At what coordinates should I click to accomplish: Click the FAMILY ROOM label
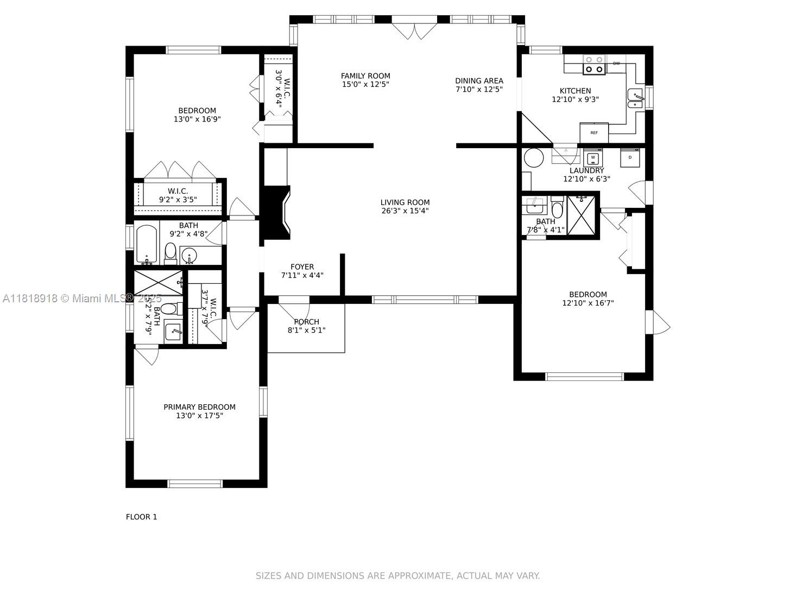pos(365,76)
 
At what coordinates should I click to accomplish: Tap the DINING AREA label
pos(479,81)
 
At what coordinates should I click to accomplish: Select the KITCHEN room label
pos(575,91)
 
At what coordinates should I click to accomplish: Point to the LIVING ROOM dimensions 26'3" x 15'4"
pos(405,211)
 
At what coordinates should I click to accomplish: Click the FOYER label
pos(302,266)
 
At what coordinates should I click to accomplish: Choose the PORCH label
pos(306,322)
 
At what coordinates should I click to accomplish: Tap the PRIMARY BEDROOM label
pos(199,407)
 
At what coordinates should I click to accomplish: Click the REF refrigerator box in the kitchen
pos(594,132)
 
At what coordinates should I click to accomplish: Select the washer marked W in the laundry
pos(593,158)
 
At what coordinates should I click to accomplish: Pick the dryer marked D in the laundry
pos(630,157)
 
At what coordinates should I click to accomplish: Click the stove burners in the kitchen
pos(594,65)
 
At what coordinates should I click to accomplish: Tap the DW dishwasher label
pos(616,63)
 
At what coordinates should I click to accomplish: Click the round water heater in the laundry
pos(534,158)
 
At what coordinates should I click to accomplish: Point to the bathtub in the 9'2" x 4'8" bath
pos(146,244)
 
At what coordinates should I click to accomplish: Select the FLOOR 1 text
pos(141,517)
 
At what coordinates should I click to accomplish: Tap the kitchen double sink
pos(635,99)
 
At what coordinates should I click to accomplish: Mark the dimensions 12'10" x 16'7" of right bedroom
pos(587,303)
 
